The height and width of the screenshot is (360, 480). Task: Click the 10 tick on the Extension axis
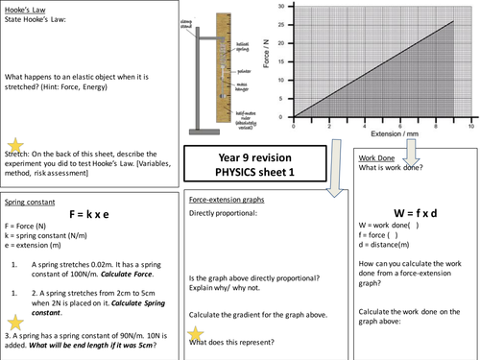(470, 126)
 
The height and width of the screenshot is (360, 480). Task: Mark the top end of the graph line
(453, 22)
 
